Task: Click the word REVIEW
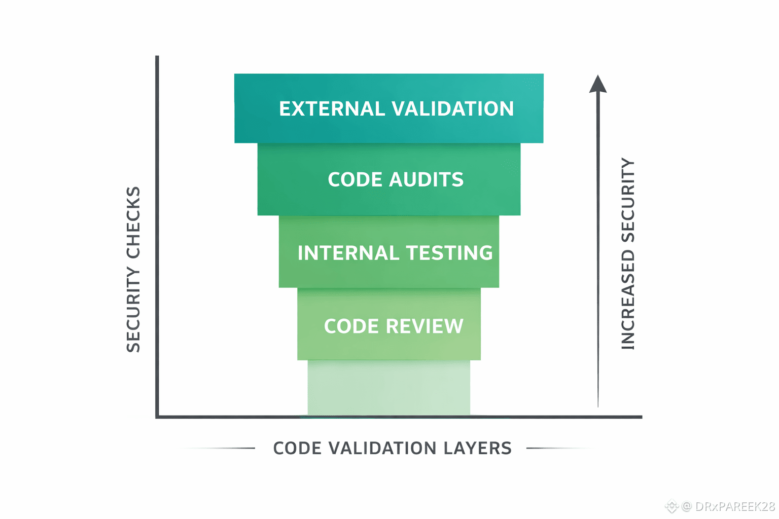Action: click(x=425, y=326)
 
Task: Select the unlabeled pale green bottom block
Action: click(x=389, y=388)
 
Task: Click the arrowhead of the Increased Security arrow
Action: click(x=598, y=85)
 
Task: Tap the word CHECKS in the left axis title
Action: click(x=133, y=223)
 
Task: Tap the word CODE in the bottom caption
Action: click(x=297, y=449)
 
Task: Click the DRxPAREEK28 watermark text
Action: click(x=735, y=506)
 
